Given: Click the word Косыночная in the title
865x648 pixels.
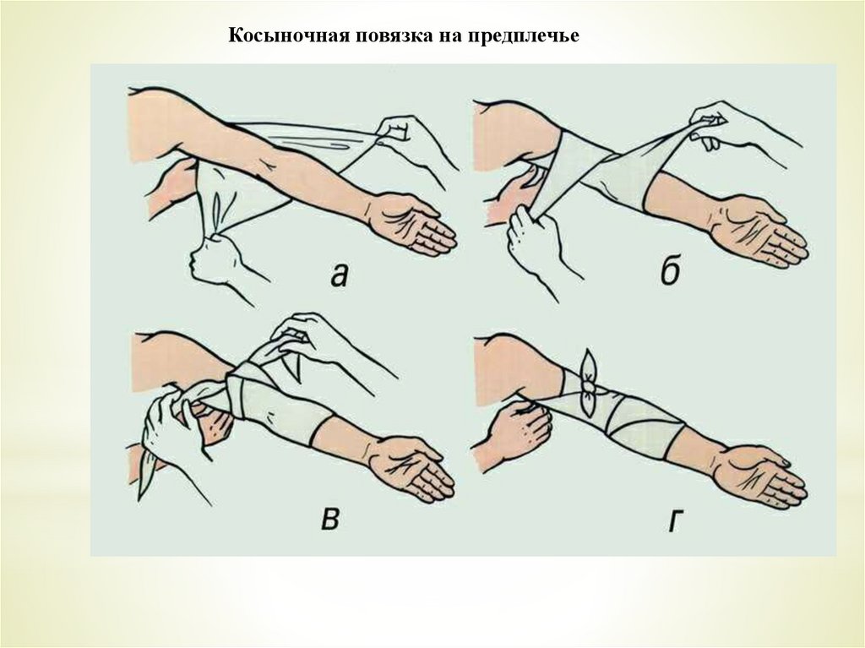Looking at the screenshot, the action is (x=289, y=35).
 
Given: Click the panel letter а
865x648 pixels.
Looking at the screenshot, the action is (x=340, y=274).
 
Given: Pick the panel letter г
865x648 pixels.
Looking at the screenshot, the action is (x=674, y=519).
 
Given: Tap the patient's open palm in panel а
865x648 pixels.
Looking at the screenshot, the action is (x=412, y=224).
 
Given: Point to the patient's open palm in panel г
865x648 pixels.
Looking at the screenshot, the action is (x=759, y=476).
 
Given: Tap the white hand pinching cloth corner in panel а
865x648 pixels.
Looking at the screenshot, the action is (x=405, y=136).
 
